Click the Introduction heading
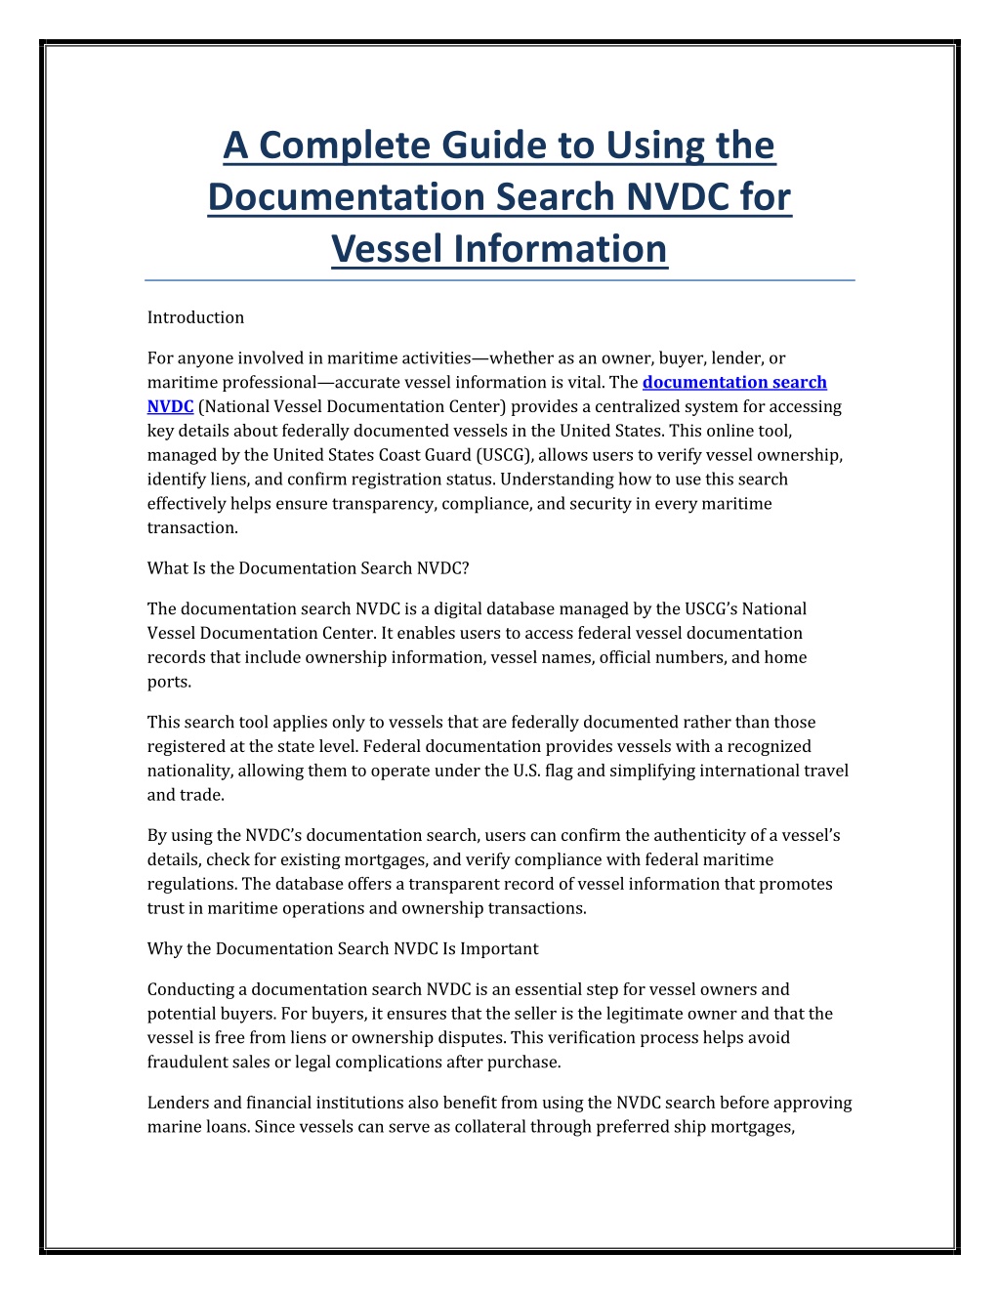coord(195,317)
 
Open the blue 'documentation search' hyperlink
coord(734,383)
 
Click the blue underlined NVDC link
coord(170,406)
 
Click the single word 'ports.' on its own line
coord(169,682)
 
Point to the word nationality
coord(188,771)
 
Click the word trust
coord(165,908)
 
